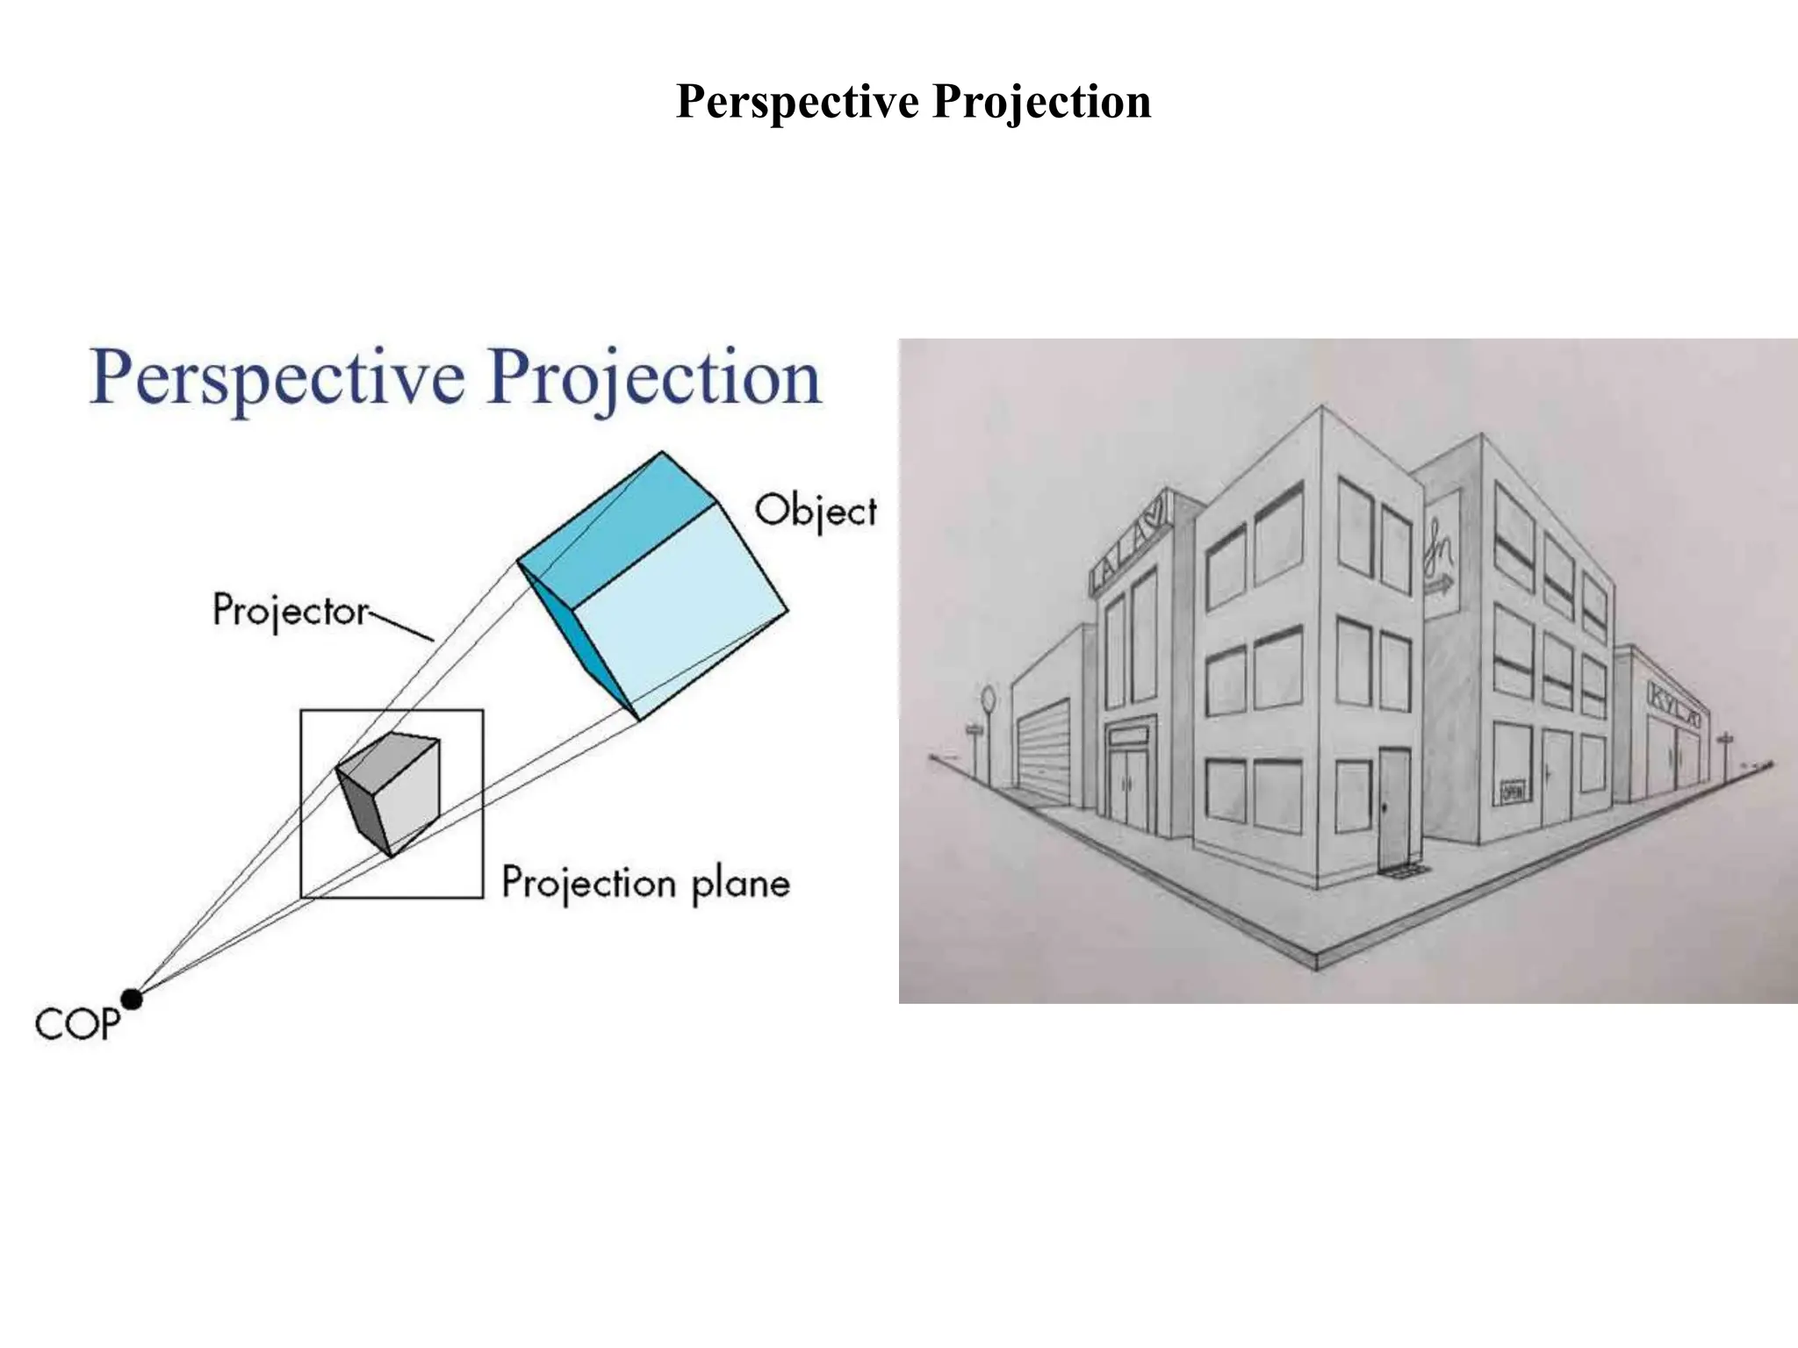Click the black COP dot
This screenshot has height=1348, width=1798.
(x=132, y=999)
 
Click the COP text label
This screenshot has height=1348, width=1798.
(x=76, y=1024)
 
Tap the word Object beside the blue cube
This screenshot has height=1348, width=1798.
(x=816, y=511)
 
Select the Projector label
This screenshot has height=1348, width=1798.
(x=291, y=610)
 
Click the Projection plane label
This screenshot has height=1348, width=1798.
(x=645, y=883)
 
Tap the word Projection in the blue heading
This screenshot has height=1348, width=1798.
(x=654, y=379)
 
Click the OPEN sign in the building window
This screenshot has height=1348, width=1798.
(x=1512, y=791)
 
